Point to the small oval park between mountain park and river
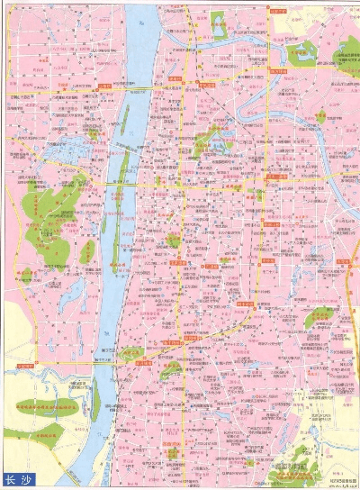[x=87, y=251]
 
